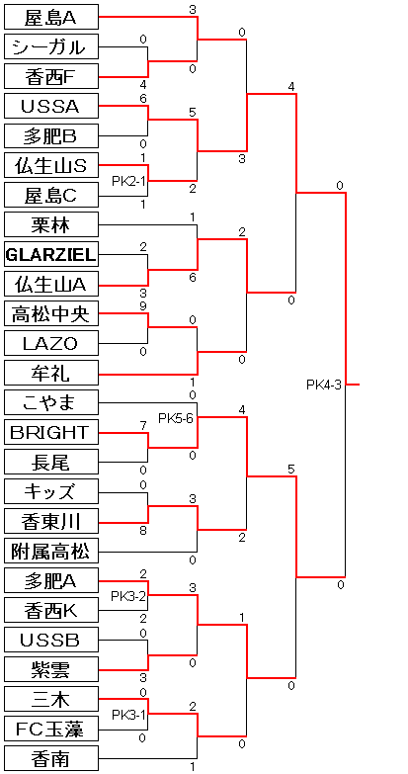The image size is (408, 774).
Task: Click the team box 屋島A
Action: coord(51,17)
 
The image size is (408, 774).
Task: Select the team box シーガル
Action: coord(51,46)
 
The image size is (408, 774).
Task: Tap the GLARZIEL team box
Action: coord(51,254)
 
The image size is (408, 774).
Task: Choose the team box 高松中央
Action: coord(51,313)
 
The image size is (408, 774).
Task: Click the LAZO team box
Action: coord(51,343)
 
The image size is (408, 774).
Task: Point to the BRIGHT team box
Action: coord(51,432)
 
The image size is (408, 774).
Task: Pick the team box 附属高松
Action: coord(51,551)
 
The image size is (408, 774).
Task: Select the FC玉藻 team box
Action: coord(51,729)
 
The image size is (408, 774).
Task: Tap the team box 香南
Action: coord(51,758)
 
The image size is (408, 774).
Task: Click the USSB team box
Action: coord(51,640)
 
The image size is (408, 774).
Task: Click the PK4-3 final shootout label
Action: coord(324,385)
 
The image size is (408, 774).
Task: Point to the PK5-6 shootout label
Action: coord(176,418)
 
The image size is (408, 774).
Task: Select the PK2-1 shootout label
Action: coord(128,181)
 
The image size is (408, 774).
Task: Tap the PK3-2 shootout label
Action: coord(128,596)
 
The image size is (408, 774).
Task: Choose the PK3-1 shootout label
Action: coord(128,715)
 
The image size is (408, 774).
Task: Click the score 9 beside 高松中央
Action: coord(143,306)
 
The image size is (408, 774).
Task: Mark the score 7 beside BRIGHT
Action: coord(143,425)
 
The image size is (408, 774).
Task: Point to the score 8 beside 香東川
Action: coord(143,531)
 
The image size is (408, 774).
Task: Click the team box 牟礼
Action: coord(51,373)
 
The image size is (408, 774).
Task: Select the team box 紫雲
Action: coord(51,669)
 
